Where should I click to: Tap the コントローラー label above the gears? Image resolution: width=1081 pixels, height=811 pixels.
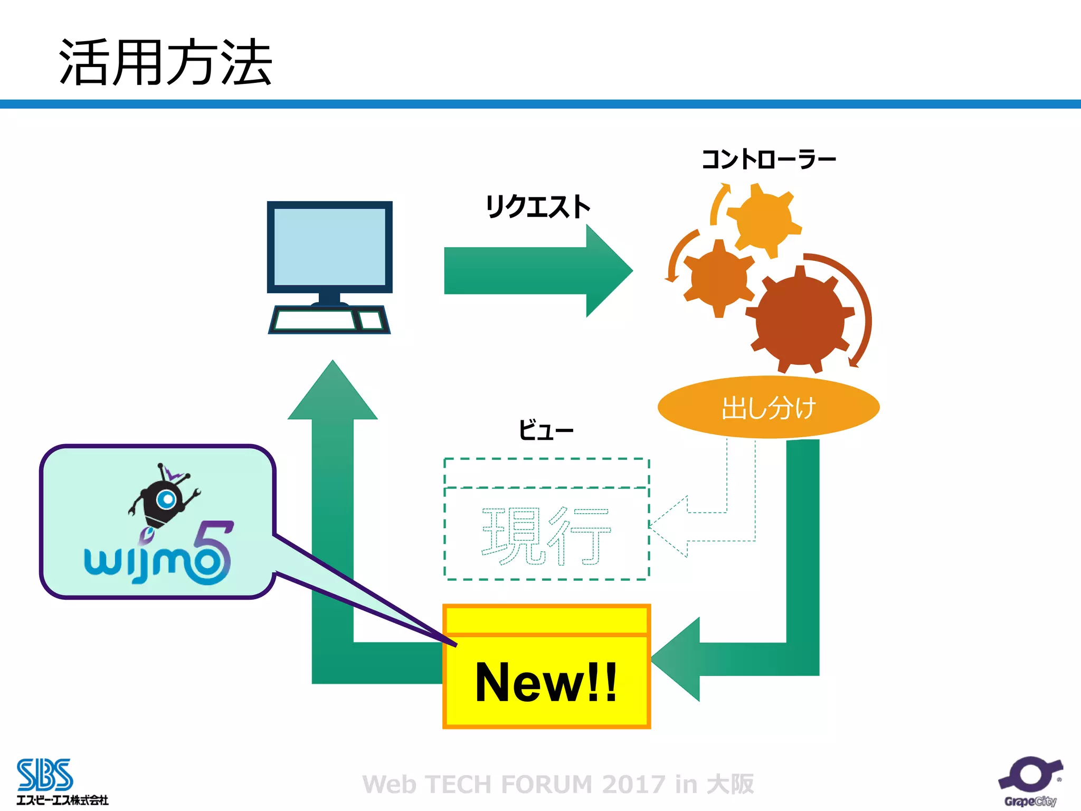[768, 159]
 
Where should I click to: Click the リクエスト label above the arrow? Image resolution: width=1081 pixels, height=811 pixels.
[537, 206]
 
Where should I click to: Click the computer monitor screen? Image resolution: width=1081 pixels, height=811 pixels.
[329, 246]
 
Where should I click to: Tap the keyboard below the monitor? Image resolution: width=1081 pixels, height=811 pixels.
[316, 320]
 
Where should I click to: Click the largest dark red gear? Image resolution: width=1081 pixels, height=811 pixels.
[800, 321]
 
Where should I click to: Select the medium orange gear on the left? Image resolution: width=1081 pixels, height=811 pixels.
[718, 278]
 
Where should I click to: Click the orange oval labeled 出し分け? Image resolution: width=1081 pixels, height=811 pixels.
[768, 407]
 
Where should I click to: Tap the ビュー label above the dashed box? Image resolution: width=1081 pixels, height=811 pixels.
[545, 430]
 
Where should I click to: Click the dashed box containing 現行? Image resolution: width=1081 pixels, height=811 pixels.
[546, 533]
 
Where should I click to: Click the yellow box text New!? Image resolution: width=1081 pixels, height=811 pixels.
[546, 682]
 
